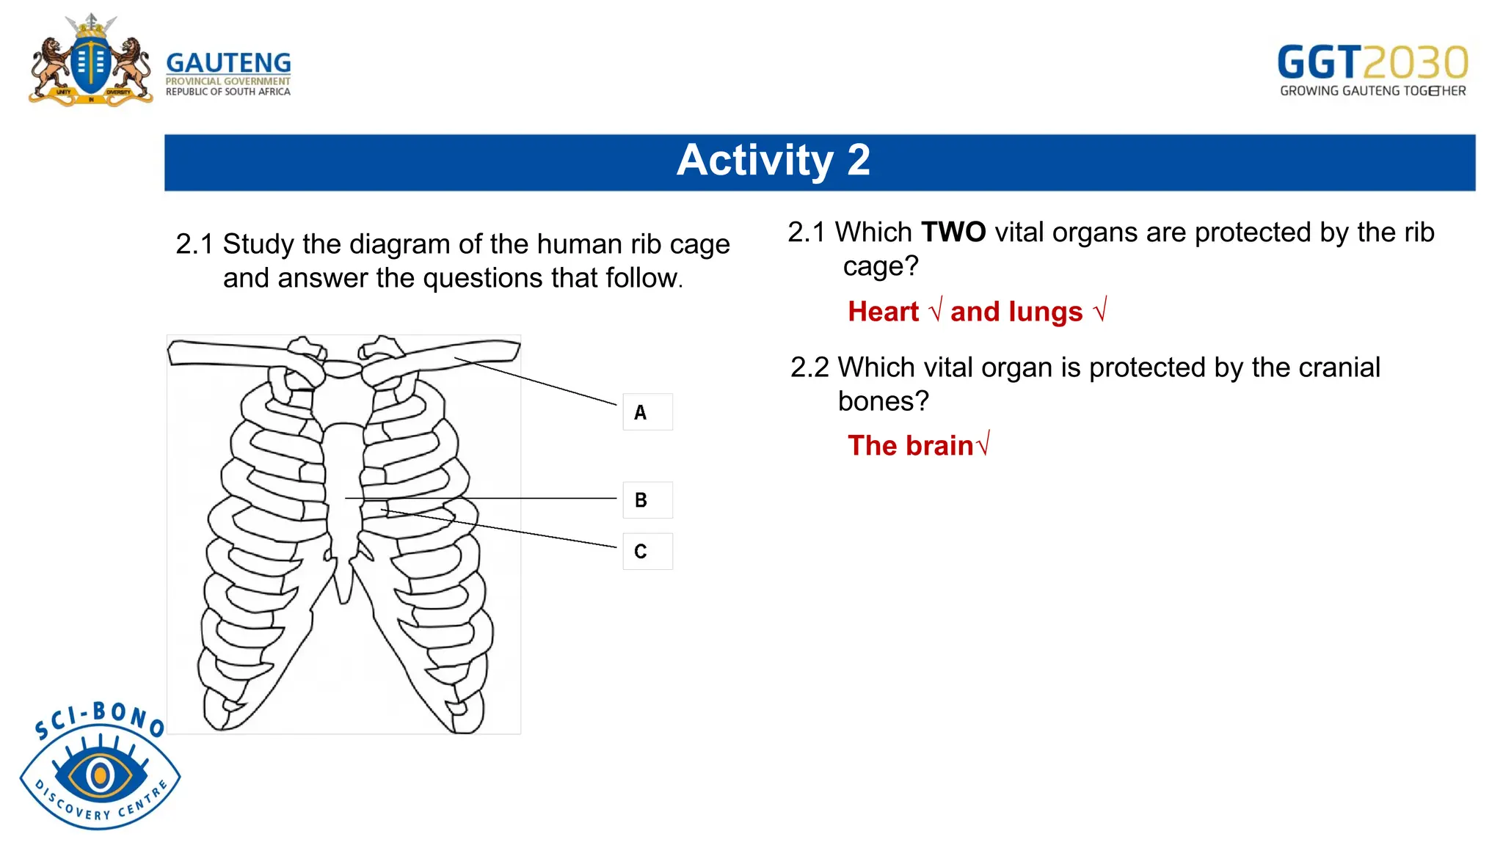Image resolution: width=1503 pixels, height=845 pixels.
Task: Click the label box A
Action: (x=647, y=412)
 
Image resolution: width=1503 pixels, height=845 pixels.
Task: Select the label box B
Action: (x=647, y=500)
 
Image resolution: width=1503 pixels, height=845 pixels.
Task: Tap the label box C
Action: (x=647, y=552)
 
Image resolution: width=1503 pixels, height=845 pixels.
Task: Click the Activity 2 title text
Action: (x=773, y=161)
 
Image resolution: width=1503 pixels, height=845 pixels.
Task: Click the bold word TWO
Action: (x=953, y=233)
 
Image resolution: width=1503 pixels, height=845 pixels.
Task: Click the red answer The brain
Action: (x=910, y=446)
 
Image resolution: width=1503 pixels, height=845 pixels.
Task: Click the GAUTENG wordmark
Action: (x=228, y=63)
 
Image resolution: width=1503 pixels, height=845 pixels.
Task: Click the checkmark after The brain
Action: (x=983, y=444)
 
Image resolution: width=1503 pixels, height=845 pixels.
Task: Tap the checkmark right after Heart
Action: (x=934, y=312)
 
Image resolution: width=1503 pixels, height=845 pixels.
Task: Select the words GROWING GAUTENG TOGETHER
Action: (x=1372, y=91)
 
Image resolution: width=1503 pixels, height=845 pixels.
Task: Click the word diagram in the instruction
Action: (x=413, y=244)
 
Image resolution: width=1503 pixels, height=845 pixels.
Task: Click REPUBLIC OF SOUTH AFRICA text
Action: (x=228, y=92)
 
